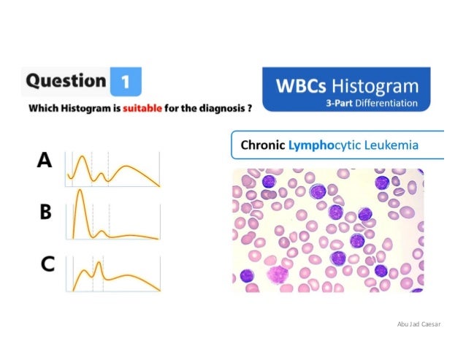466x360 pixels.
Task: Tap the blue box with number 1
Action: tap(125, 81)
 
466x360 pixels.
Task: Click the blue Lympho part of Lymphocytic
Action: tap(310, 145)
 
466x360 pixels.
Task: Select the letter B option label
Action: tap(45, 212)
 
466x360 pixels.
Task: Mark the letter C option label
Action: tap(46, 264)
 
